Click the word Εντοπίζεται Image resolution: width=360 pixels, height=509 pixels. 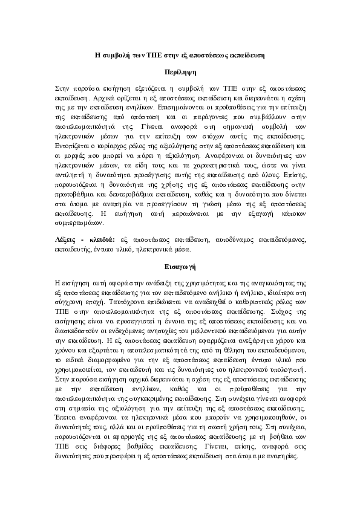click(x=73, y=146)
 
